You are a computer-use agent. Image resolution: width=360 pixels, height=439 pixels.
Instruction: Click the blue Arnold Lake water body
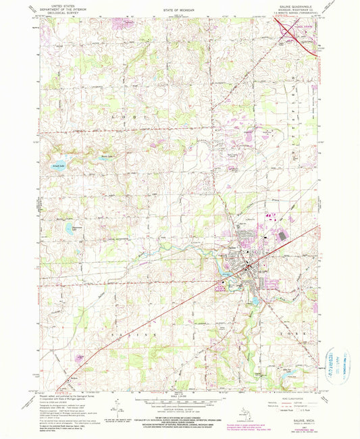pos(58,165)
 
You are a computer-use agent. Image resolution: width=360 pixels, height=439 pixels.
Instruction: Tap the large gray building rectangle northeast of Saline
pos(281,238)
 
